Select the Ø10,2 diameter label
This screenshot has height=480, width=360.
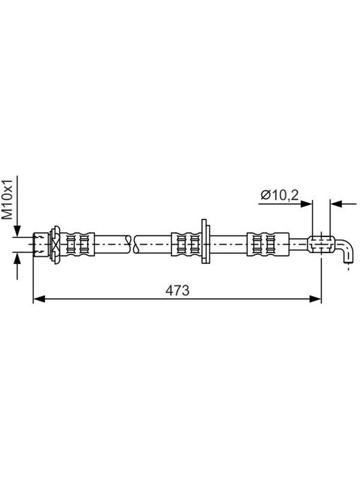coord(280,195)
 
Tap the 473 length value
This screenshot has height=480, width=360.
coord(178,290)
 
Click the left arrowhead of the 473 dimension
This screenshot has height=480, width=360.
coord(39,299)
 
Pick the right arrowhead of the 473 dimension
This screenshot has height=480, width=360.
coord(316,299)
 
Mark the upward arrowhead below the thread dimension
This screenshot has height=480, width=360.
coord(17,258)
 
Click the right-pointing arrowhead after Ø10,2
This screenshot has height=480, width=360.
coord(306,203)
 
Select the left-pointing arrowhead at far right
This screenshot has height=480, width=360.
coord(336,203)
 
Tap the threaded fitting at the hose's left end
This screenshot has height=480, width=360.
coord(41,244)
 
